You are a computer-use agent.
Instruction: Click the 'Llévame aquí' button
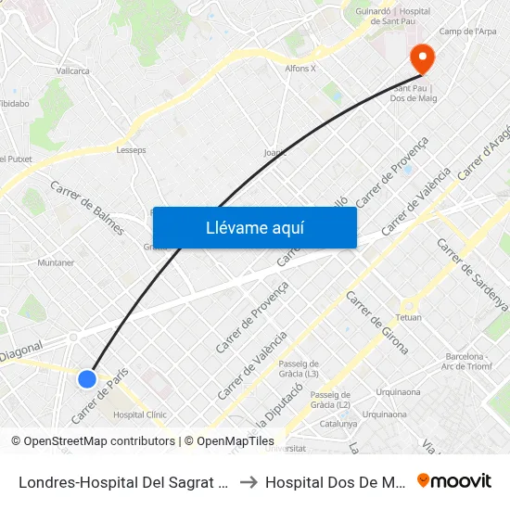[x=254, y=228]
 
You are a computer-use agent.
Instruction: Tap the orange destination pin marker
[x=422, y=59]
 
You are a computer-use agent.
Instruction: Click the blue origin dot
[x=87, y=378]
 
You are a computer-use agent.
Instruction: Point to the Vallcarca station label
[x=72, y=70]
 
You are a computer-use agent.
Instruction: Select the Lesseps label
[x=131, y=149]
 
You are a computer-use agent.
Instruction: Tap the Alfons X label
[x=300, y=69]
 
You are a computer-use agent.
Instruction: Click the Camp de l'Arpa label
[x=467, y=32]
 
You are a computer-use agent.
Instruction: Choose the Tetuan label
[x=409, y=317]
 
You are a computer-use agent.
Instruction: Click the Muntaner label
[x=56, y=262]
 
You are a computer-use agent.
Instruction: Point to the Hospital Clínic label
[x=139, y=414]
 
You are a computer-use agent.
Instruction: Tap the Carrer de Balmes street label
[x=87, y=207]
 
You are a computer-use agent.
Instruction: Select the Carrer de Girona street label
[x=377, y=322]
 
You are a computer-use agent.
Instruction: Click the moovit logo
[x=454, y=480]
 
